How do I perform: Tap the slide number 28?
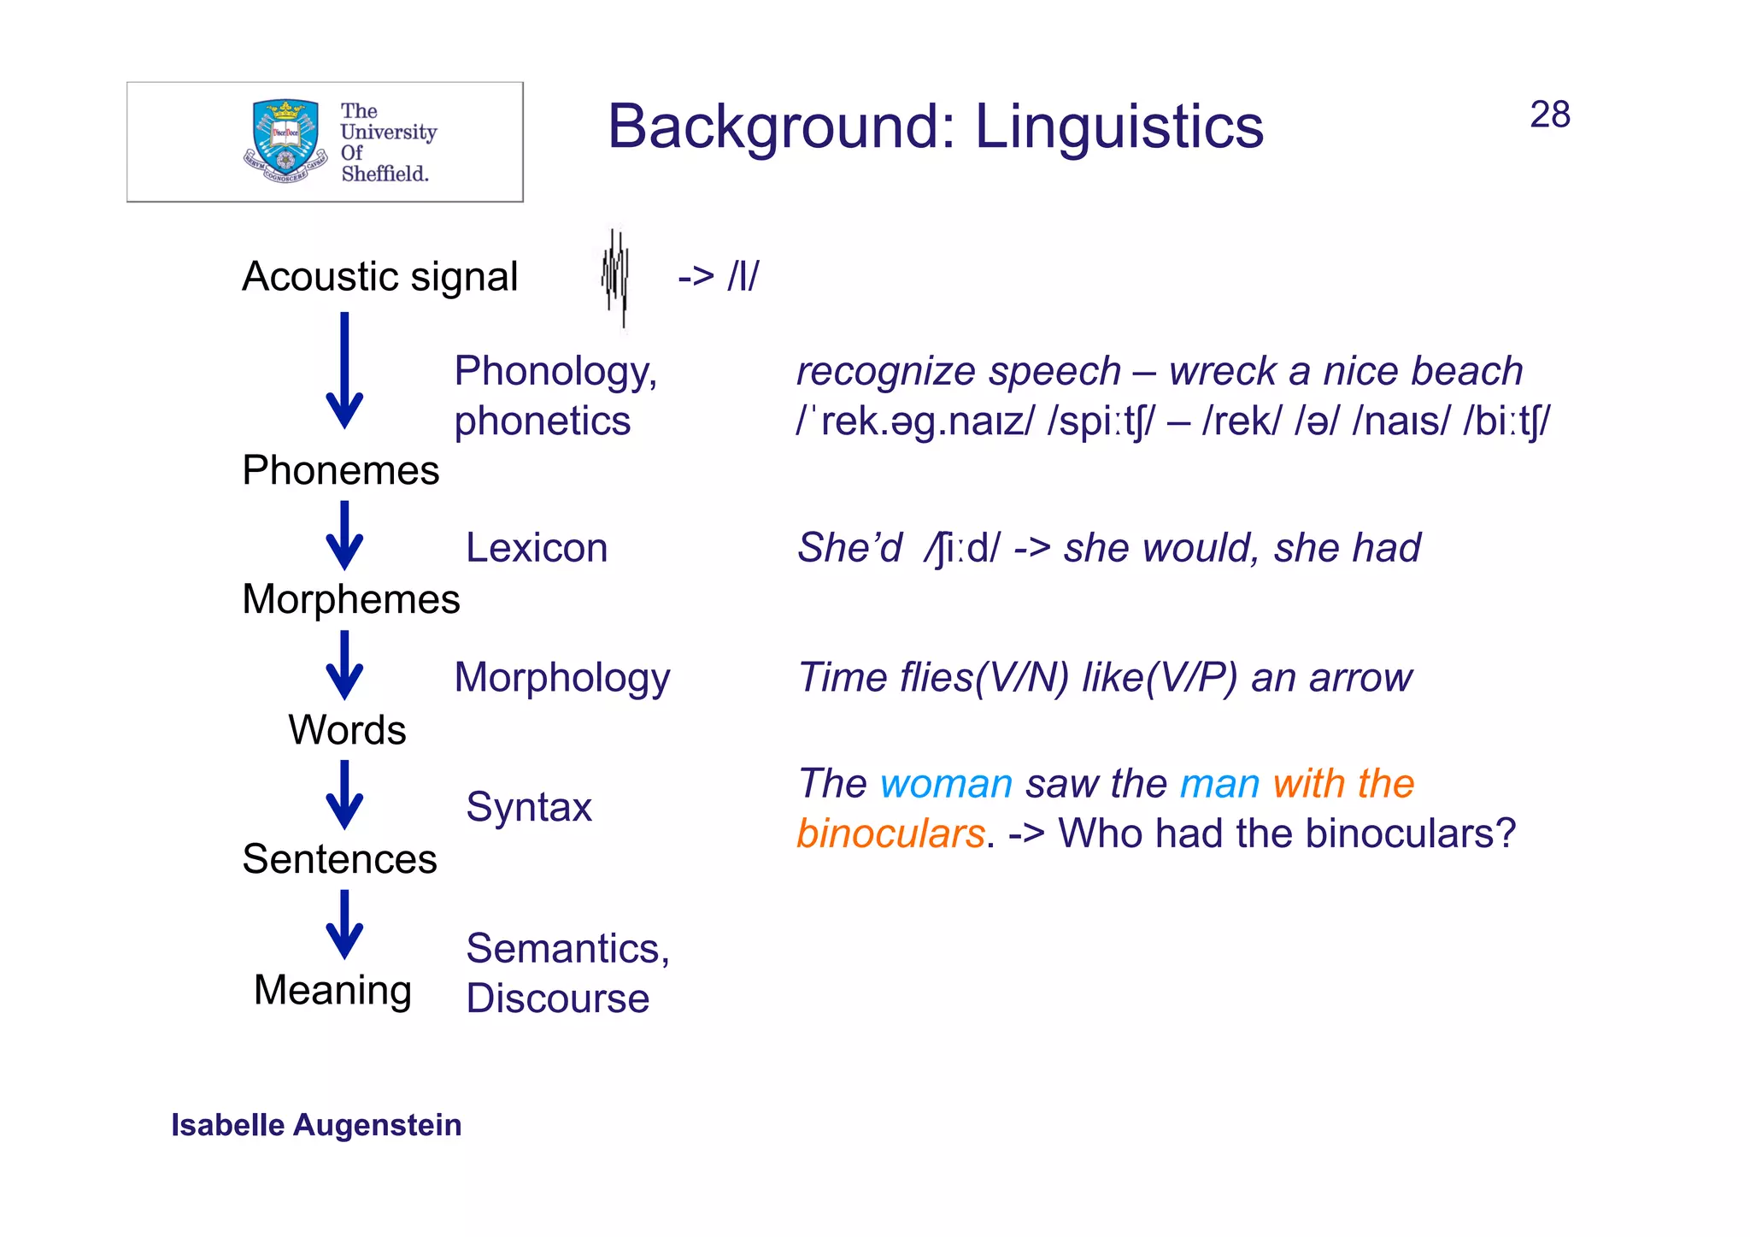point(1549,115)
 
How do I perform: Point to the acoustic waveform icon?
point(615,277)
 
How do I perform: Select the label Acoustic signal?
point(379,277)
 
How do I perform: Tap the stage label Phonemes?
point(340,470)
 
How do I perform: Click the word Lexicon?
point(537,547)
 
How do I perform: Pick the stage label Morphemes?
point(350,598)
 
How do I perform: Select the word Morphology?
point(561,677)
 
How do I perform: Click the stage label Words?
point(347,729)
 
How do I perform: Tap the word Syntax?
point(529,807)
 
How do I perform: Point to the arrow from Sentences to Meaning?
point(344,924)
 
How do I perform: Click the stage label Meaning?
point(332,990)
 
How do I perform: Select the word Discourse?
point(557,998)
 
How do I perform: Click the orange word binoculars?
point(890,834)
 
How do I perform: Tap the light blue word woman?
point(946,784)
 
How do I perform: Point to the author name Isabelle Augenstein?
point(316,1125)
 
